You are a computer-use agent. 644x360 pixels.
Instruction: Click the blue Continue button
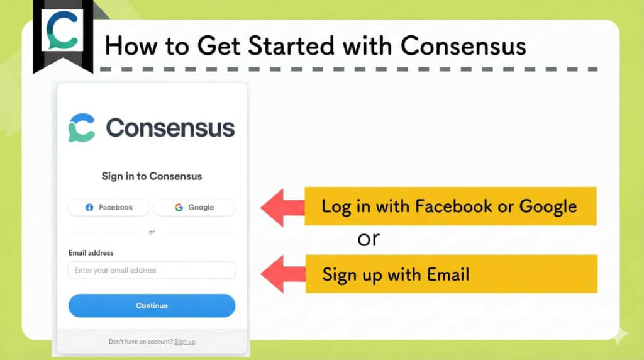coord(152,306)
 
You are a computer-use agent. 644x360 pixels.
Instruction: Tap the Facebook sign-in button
coord(109,207)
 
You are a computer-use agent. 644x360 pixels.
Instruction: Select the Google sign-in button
coord(194,207)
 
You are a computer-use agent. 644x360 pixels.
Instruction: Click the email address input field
coord(152,270)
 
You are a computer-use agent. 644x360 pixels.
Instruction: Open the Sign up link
coord(184,342)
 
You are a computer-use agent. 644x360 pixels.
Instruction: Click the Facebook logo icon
coord(89,207)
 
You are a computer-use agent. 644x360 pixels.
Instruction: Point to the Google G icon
coord(179,207)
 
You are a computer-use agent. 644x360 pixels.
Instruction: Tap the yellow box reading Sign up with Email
coord(451,274)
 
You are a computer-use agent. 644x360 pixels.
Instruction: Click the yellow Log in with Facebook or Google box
coord(450,206)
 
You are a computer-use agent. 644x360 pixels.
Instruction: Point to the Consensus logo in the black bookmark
coord(63,31)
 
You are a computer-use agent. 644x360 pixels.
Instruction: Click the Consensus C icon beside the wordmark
coord(82,128)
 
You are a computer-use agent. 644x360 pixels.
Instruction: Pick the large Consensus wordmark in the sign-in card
coord(170,128)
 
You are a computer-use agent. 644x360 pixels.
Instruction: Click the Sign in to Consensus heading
coord(152,176)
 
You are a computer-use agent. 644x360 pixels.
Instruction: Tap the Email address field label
coord(91,253)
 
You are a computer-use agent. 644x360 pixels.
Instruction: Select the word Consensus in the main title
coord(463,45)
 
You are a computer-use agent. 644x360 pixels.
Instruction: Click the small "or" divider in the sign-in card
coord(152,232)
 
